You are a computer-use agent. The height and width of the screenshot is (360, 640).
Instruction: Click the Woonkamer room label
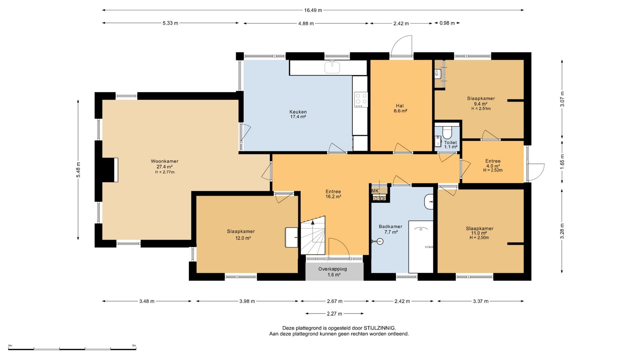(165, 161)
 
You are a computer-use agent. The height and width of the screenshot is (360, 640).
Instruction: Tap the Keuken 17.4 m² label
(298, 114)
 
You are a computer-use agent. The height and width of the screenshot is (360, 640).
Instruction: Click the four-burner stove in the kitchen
(361, 99)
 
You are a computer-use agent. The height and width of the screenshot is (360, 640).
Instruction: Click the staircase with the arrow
(313, 235)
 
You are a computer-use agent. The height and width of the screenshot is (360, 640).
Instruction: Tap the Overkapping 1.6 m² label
(333, 272)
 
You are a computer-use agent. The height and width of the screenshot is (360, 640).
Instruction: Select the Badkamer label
(391, 227)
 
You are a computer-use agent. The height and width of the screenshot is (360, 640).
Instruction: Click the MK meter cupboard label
(375, 191)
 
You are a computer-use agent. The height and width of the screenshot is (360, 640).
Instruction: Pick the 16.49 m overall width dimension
(313, 10)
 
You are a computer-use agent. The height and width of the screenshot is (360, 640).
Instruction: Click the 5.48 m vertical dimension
(78, 170)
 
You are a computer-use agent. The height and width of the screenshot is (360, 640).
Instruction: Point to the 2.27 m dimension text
(335, 314)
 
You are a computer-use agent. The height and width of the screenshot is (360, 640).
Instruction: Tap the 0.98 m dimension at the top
(447, 23)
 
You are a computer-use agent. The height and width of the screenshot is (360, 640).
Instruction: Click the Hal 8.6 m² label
(400, 109)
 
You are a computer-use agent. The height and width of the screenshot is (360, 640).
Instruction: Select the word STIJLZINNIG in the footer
(380, 328)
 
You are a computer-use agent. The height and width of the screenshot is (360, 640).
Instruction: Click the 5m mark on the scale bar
(134, 346)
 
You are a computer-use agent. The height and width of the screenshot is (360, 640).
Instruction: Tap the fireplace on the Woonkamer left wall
(110, 170)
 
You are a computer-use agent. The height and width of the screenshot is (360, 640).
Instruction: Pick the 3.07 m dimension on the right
(562, 99)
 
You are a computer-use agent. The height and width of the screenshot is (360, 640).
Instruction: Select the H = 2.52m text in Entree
(493, 170)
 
